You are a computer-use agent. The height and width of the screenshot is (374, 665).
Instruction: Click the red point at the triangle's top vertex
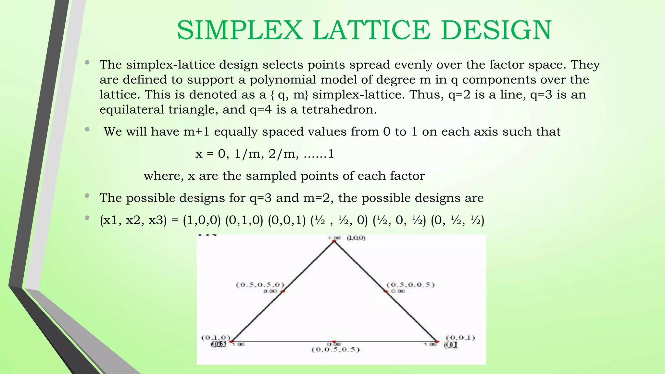(x=333, y=241)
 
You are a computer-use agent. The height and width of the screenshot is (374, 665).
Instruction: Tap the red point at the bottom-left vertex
(x=231, y=341)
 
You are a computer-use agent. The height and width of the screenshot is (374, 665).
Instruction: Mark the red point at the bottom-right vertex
(x=437, y=342)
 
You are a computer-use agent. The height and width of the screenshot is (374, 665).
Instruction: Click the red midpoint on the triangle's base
(x=334, y=342)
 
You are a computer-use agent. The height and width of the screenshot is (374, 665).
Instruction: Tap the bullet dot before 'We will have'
(x=87, y=130)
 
